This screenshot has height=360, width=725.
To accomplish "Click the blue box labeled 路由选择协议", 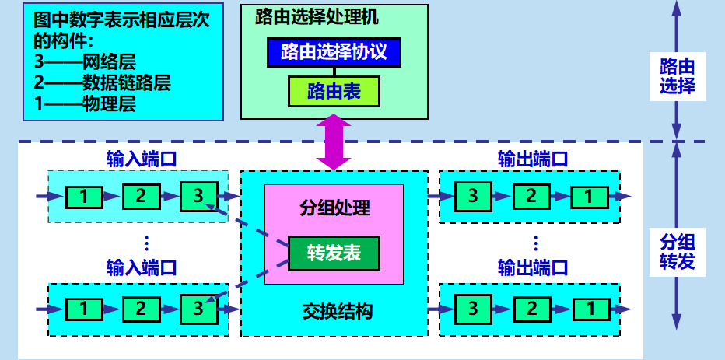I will [334, 53].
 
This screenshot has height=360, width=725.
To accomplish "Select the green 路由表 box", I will [334, 92].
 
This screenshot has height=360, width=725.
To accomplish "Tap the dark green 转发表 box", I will [334, 253].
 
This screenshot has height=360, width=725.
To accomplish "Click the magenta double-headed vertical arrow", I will [334, 142].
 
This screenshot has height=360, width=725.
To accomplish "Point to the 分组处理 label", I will [334, 208].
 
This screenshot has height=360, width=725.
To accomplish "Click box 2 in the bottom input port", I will [141, 309].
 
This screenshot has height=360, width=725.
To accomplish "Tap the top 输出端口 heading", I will [532, 159].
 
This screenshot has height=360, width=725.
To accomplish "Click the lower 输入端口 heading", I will [142, 268].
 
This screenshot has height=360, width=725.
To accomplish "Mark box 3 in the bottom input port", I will [198, 308].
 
